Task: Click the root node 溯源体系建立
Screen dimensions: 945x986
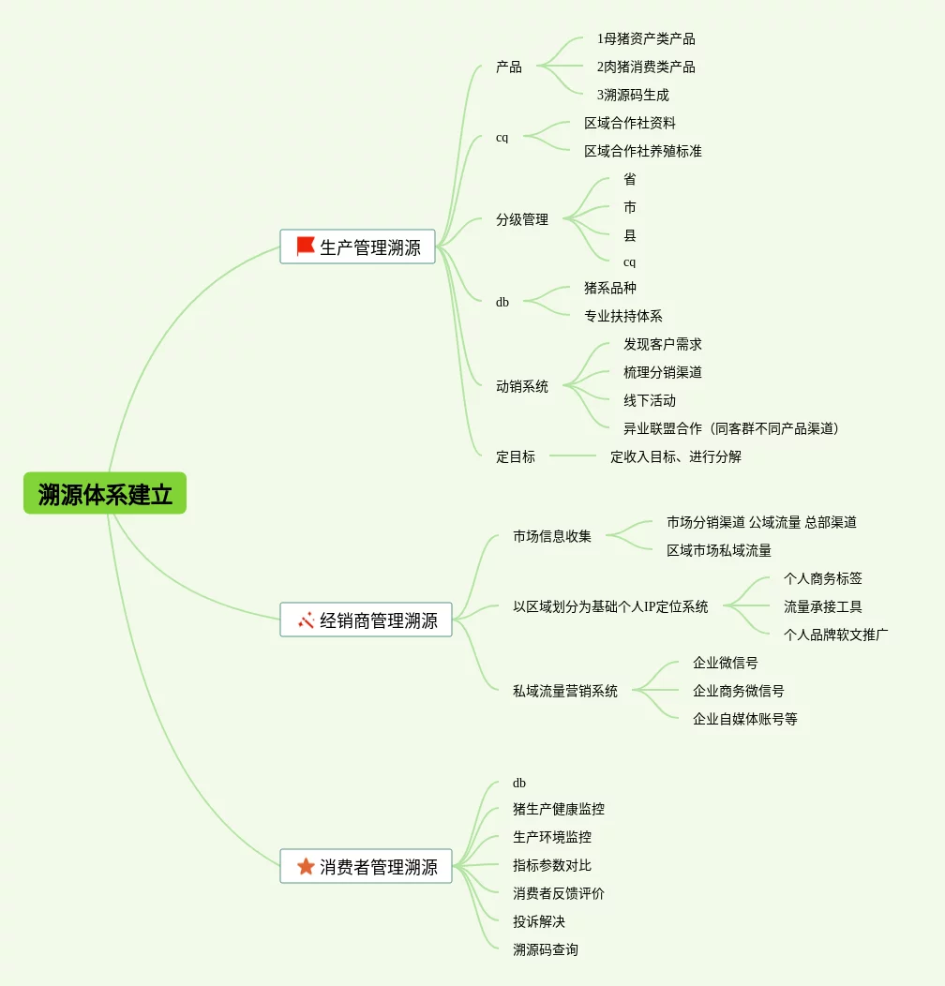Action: click(105, 494)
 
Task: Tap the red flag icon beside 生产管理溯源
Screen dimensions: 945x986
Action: click(306, 246)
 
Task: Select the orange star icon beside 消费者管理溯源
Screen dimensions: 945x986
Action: click(306, 866)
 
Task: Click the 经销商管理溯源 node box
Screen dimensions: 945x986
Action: click(367, 620)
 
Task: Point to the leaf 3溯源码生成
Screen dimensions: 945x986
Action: click(633, 95)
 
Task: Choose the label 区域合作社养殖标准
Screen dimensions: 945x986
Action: click(642, 151)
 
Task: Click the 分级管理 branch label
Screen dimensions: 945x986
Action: click(522, 219)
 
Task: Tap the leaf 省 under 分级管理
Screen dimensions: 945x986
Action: click(629, 179)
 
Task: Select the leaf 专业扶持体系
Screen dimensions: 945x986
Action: click(622, 316)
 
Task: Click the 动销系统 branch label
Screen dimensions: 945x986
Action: click(522, 386)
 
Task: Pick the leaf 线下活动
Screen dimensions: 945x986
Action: click(649, 400)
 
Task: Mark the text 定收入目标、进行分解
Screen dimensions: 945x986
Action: click(675, 456)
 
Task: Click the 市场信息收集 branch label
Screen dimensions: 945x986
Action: click(551, 536)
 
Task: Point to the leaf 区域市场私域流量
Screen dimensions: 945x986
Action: click(719, 550)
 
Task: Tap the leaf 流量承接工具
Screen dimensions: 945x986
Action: click(822, 606)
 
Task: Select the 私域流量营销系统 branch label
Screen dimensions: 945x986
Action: click(564, 691)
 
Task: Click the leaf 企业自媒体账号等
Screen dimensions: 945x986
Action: click(744, 719)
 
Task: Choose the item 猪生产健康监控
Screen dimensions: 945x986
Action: click(558, 809)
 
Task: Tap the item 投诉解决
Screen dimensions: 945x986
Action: click(538, 921)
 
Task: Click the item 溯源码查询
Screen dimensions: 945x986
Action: click(545, 949)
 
